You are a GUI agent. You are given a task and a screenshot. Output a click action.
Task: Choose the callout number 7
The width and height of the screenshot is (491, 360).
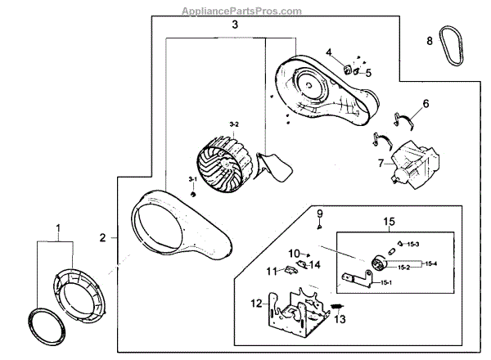(x=380, y=163)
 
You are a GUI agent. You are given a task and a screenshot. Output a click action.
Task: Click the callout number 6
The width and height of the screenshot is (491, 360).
(x=425, y=104)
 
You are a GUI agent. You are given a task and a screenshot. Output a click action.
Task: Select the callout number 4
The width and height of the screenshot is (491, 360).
(x=329, y=53)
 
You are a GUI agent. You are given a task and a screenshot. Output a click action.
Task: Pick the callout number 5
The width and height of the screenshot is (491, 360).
(x=368, y=73)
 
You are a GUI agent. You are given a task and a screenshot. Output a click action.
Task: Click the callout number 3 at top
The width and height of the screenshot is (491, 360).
(x=235, y=25)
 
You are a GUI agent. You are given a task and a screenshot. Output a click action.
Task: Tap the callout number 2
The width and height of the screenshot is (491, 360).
(x=103, y=238)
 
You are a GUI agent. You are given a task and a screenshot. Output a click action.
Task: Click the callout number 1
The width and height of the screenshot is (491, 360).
(x=57, y=226)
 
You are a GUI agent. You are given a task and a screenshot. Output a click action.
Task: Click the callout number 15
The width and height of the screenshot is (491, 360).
(x=390, y=221)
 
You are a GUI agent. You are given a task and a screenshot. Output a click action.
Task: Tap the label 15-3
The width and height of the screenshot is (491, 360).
(x=413, y=245)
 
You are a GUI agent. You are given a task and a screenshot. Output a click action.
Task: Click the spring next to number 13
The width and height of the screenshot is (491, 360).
(x=335, y=305)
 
